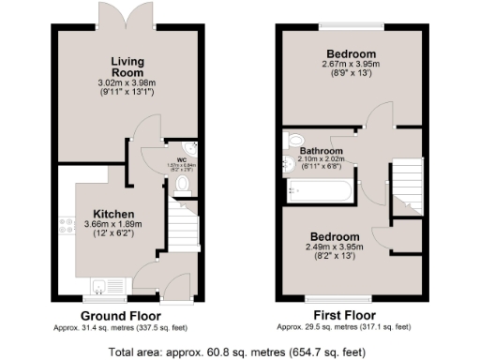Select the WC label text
pos(182,160)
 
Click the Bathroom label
pos(321,151)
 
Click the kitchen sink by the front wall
pos(99,285)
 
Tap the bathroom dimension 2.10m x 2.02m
pos(321,159)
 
